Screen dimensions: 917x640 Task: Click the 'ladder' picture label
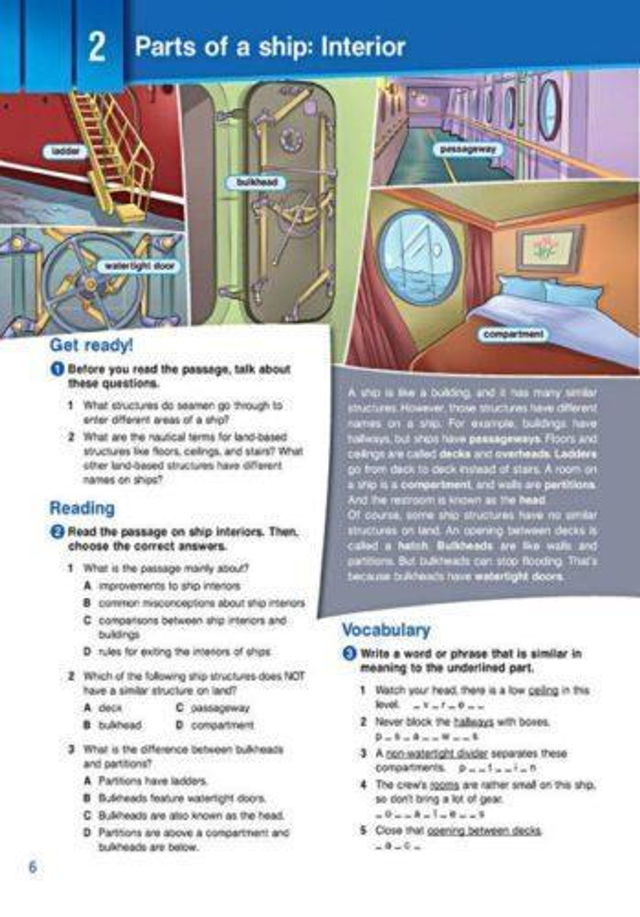tap(65, 152)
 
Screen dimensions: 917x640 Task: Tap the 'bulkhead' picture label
tap(257, 182)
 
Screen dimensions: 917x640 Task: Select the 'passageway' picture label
tap(468, 150)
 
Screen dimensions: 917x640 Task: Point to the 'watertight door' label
tap(139, 266)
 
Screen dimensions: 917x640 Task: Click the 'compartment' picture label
tap(513, 334)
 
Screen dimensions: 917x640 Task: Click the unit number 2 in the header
tap(97, 47)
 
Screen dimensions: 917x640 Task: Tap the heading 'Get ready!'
tap(91, 345)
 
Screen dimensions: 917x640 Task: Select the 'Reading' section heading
tap(82, 508)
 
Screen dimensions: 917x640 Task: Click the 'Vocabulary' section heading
tap(386, 630)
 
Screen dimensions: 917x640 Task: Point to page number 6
tap(33, 867)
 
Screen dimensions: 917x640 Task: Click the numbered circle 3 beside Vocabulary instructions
tap(349, 653)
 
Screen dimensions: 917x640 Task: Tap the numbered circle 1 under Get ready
tap(58, 369)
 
